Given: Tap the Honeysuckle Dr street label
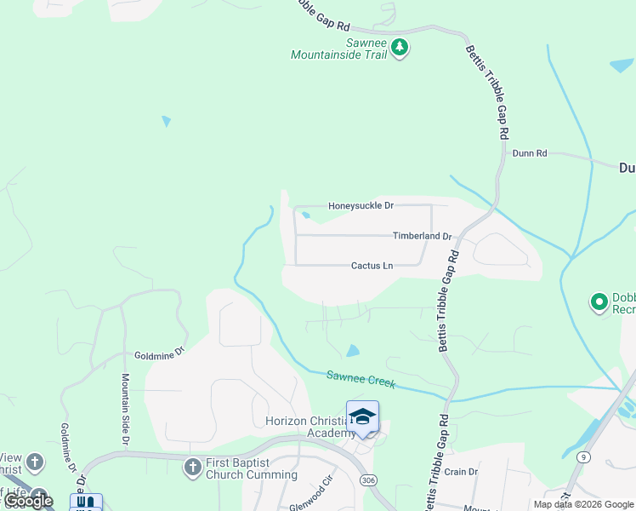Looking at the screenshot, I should tap(362, 205).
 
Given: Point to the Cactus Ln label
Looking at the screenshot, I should tap(372, 266).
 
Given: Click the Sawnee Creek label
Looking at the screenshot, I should tap(361, 379).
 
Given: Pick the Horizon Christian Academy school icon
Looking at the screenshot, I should tap(362, 416).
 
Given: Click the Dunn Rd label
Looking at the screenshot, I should tap(530, 153).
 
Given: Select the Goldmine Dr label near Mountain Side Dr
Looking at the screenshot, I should tap(159, 353).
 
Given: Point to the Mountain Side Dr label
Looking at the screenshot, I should tap(125, 409).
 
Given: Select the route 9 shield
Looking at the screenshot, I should tap(582, 457).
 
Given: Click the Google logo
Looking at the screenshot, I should tap(29, 502).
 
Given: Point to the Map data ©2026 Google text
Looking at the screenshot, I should tap(583, 504).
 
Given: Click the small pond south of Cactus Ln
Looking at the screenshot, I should tap(353, 350).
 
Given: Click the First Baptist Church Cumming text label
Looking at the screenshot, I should tap(252, 468).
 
